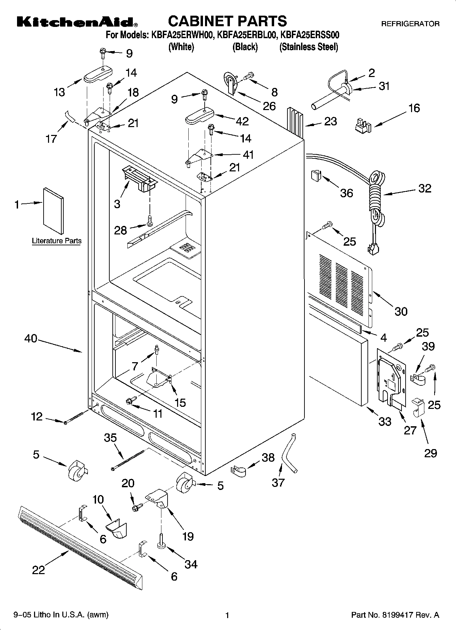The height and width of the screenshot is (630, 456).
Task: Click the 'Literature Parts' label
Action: [x=57, y=241]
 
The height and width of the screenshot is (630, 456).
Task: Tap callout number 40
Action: [x=31, y=339]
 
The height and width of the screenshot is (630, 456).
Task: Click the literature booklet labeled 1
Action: [x=53, y=211]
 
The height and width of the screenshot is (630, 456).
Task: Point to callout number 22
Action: [x=38, y=569]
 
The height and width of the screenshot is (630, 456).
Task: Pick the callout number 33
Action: [x=385, y=421]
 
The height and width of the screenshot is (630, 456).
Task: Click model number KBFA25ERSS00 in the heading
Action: [x=309, y=35]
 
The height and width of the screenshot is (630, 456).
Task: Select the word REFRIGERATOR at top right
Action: [x=410, y=24]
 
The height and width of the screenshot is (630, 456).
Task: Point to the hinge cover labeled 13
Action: [x=98, y=75]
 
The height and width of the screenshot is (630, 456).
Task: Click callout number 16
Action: [x=414, y=108]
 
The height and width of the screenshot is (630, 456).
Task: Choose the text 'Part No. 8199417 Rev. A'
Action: [x=395, y=615]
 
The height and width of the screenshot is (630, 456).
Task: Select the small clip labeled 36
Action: [x=316, y=176]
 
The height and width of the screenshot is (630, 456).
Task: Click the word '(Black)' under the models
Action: [x=245, y=47]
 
